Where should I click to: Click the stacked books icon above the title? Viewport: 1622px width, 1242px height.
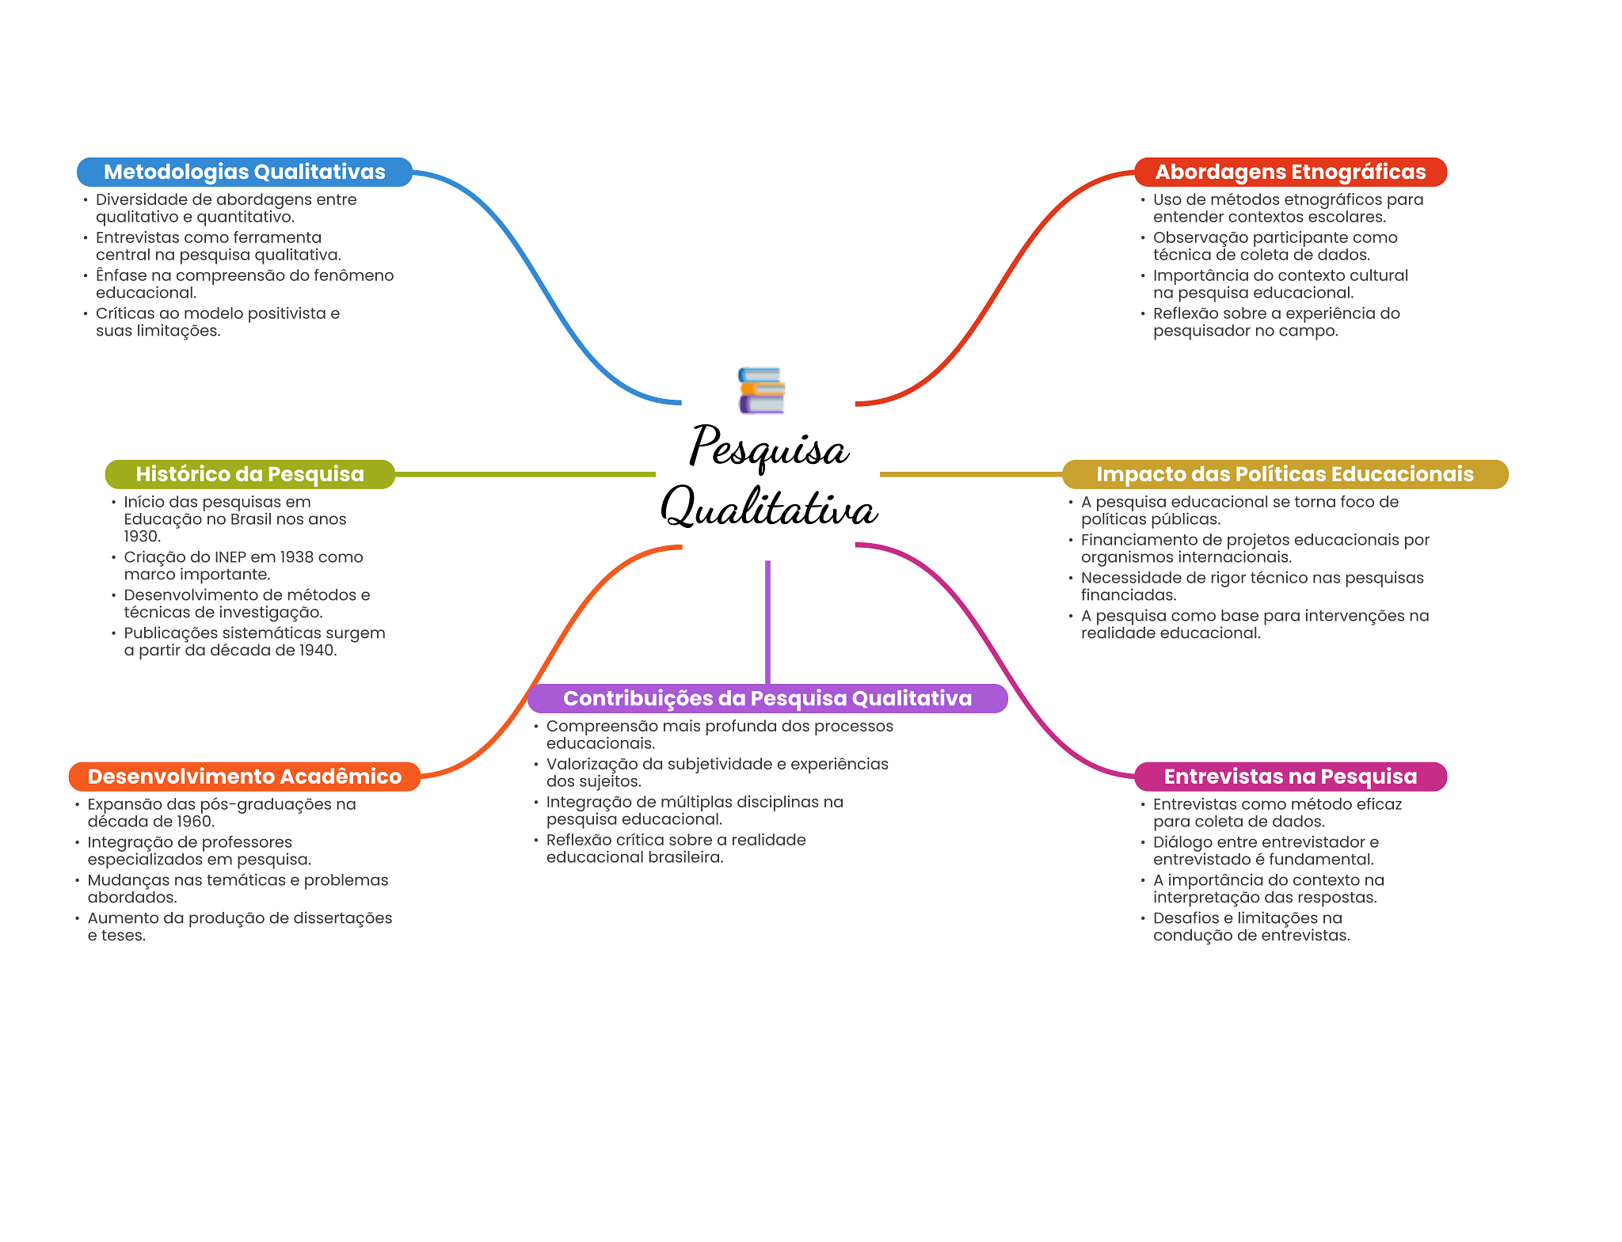point(761,390)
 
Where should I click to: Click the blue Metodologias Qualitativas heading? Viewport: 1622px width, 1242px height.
point(244,172)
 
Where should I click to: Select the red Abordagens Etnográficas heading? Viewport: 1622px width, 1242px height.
point(1290,172)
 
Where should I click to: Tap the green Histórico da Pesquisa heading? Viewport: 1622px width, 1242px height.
point(249,474)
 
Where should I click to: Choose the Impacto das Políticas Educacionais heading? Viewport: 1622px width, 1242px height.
point(1285,474)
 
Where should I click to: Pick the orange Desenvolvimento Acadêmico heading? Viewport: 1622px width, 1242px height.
point(244,777)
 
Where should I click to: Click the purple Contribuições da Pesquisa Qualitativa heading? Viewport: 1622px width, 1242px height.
point(767,698)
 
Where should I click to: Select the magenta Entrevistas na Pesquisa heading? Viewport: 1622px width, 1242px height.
point(1290,777)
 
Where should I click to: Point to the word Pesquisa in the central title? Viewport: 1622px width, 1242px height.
point(769,448)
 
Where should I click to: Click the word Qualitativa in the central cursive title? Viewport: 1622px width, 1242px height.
point(769,508)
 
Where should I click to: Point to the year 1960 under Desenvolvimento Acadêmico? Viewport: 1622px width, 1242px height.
point(194,822)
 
